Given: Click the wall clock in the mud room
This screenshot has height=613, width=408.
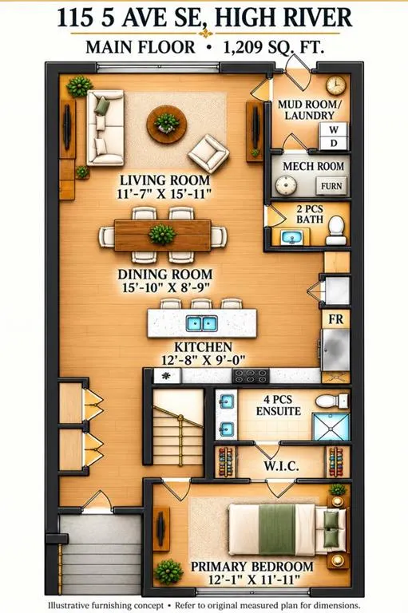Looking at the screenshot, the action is pos(335,85).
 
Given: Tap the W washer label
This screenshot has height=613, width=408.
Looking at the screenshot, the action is pos(333,129).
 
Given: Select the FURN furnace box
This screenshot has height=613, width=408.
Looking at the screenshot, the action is pos(331,186).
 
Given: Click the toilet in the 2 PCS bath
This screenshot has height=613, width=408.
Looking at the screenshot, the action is pos(335,231).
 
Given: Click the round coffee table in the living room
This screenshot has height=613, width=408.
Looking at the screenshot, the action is pos(166,125).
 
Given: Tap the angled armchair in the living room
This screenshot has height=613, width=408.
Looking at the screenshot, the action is pos(208,153).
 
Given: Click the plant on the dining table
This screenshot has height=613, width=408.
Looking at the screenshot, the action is pos(161,235).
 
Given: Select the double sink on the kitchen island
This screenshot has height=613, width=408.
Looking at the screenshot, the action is pos(202,324).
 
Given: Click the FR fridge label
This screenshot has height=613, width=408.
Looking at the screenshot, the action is pos(335,319).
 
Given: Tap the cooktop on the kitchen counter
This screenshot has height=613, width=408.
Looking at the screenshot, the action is pos(251,376).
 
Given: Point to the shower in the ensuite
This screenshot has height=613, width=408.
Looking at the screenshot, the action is pos(331,426).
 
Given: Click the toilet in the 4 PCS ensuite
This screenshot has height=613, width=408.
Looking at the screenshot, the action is pos(331,401).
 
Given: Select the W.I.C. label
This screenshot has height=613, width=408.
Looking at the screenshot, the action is pos(281,466).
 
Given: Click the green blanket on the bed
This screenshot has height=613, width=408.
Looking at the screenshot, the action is pos(277,529).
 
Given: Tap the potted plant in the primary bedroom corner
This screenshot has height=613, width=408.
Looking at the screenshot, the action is pos(168,571).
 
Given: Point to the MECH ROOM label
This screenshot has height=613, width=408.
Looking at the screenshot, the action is pos(313,166).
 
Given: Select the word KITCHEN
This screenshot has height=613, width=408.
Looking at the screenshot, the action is pos(203,346).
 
